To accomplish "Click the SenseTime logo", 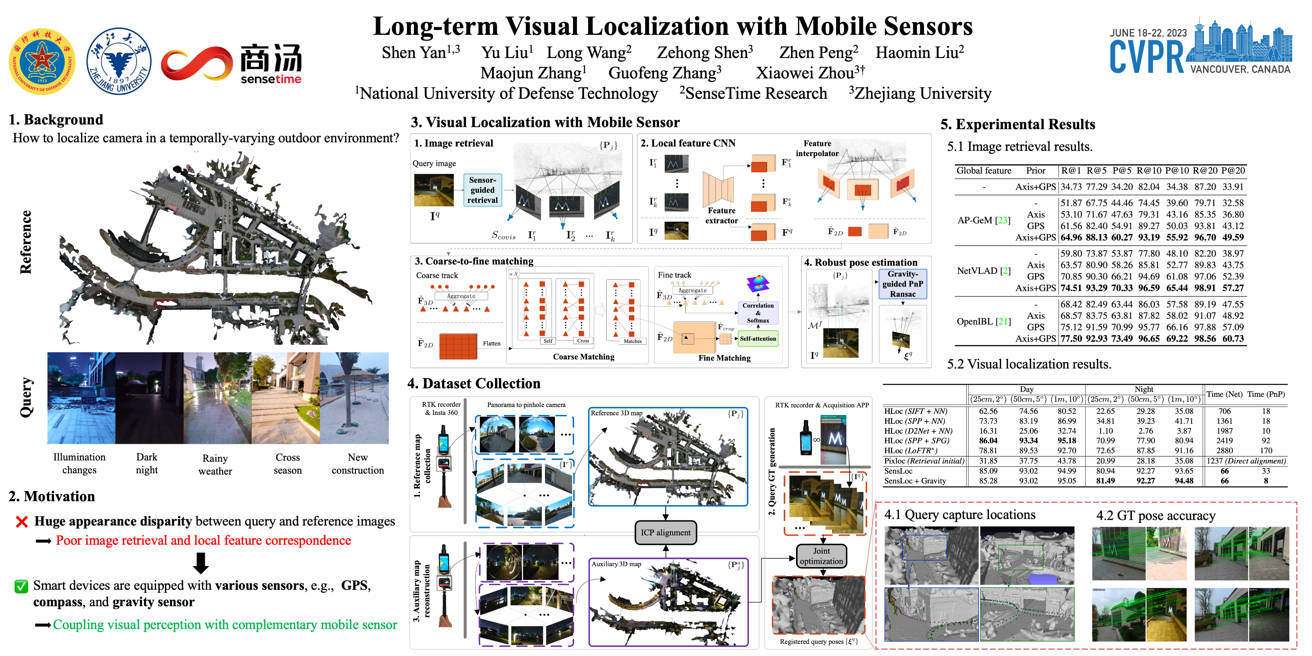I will coord(232,64).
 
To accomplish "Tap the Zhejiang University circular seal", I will coord(119,61).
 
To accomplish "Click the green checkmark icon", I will coord(21,586).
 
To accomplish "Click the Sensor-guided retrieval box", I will coord(482,190).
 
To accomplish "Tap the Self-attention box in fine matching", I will coord(758,339).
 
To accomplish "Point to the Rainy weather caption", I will coord(215,464).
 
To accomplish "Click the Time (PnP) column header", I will coord(1266,394).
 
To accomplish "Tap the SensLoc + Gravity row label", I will coord(915,481).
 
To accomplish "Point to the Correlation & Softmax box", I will coord(758,313).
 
